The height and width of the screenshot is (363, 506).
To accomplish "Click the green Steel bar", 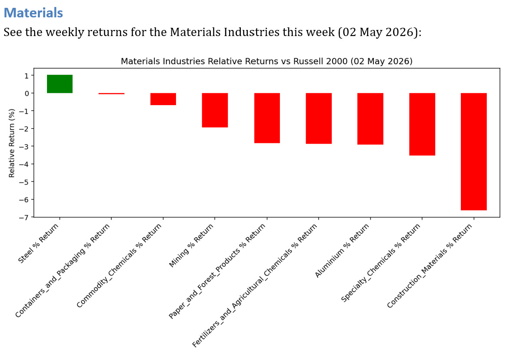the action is [60, 84].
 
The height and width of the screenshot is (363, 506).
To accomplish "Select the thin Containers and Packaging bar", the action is [111, 93].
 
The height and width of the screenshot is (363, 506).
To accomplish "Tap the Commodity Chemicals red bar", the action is [163, 99].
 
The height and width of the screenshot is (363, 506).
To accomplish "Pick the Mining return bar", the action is [215, 110].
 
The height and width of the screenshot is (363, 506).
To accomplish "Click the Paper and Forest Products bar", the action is [267, 118].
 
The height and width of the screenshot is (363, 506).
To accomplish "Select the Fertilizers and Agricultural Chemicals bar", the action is [319, 118].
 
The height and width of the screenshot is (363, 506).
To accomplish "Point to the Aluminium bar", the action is [370, 119].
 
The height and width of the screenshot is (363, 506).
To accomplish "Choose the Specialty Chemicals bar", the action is [422, 124].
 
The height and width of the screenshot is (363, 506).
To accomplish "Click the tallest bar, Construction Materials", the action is [474, 152].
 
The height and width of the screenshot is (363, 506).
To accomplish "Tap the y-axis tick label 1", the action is [27, 76].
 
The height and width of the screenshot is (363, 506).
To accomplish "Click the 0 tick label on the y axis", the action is [27, 93].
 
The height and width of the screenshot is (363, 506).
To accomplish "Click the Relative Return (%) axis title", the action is [12, 143].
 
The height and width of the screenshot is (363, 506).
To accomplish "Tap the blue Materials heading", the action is [33, 13].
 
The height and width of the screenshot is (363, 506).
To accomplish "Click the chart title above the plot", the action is [266, 61].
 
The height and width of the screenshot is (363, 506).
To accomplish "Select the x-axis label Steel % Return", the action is [38, 243].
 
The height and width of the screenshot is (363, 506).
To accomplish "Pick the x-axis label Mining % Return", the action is [191, 245].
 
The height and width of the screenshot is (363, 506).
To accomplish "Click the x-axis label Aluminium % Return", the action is [342, 251].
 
